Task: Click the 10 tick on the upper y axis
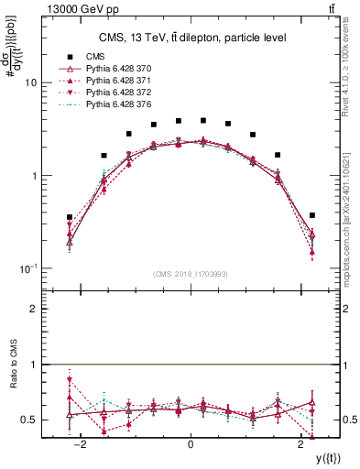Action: tap(30, 82)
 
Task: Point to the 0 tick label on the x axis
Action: tap(191, 444)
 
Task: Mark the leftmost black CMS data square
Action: tap(70, 217)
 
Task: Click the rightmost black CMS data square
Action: tap(312, 215)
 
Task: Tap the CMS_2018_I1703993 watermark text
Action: tap(191, 273)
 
